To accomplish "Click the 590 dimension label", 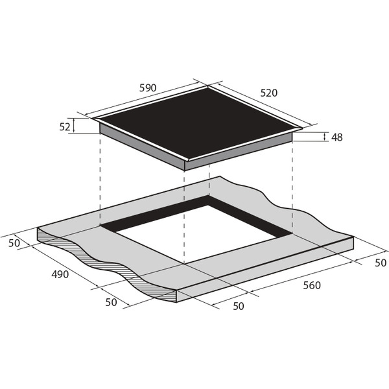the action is coord(148,88).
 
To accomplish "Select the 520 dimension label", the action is coord(268,93).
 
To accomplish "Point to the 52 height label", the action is coord(65,127).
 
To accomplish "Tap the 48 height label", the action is coord(337,137).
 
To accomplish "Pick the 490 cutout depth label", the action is coord(60,274).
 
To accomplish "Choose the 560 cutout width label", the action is coord(312,285).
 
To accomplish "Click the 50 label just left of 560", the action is coord(239,307).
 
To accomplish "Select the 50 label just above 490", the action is coord(14,243).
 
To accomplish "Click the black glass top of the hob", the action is coord(198,123).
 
